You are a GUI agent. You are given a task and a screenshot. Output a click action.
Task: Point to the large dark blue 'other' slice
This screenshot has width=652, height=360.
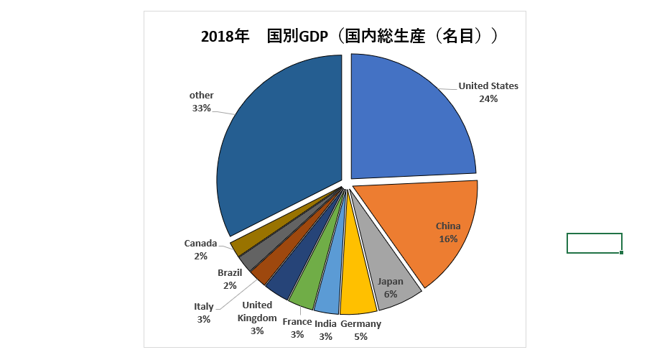(280, 144)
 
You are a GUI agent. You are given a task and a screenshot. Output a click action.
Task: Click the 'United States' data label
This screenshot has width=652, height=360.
(488, 86)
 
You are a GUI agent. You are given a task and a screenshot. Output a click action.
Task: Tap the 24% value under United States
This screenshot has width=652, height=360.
(488, 99)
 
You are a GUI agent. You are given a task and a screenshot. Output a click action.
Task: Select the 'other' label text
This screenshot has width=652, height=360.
(201, 96)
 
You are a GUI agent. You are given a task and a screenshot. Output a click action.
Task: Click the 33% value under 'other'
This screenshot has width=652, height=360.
(201, 109)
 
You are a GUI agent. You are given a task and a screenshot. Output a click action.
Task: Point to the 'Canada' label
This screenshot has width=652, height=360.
(200, 244)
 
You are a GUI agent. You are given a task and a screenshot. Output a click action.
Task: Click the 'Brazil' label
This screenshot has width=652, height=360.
(230, 273)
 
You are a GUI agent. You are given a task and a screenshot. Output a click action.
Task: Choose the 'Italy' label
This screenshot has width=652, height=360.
(204, 307)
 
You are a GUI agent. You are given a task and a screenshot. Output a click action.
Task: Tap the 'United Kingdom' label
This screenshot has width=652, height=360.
(257, 311)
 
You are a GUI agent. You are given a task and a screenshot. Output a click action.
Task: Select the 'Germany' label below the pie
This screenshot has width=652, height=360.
(360, 324)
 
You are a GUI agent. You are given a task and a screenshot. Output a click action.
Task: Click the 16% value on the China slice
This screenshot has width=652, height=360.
(448, 239)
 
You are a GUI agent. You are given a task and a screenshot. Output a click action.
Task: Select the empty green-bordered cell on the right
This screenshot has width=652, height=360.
(594, 243)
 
